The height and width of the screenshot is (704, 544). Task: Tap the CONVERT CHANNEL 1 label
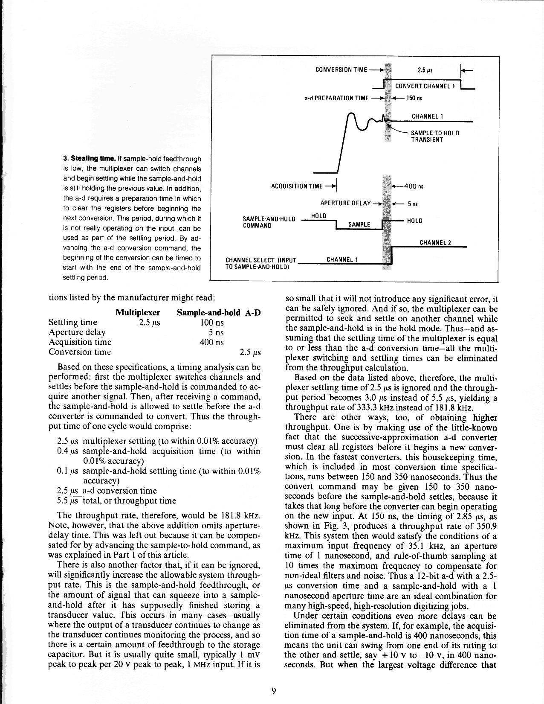pos(425,86)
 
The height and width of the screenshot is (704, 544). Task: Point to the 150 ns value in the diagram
pos(413,98)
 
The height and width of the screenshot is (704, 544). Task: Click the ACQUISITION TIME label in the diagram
pos(297,186)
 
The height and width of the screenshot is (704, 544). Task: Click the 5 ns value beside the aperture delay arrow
pos(412,204)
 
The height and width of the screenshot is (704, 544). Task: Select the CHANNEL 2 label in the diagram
pos(435,243)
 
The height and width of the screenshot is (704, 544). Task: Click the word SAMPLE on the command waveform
pos(359,225)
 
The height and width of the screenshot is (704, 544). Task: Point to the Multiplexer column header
pos(138,313)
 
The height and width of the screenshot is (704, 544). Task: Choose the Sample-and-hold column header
pos(208,313)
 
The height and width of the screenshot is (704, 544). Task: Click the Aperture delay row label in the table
pos(77,332)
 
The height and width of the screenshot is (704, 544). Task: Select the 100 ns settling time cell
pos(212,323)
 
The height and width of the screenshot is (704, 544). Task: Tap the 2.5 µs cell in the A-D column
pos(250,352)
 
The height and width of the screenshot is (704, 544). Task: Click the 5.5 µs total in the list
pos(66,500)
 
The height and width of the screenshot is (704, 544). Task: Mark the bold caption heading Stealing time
pos(85,159)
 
